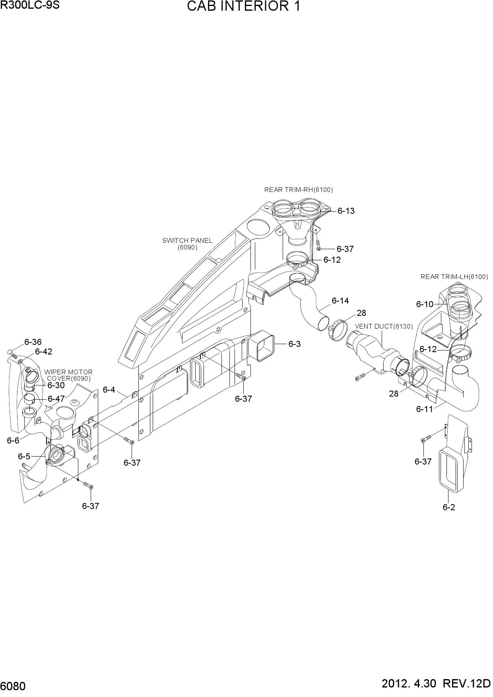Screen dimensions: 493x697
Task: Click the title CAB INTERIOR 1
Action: tap(243, 7)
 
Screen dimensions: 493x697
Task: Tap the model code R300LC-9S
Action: tap(30, 6)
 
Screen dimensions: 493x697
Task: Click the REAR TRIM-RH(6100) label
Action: tap(299, 190)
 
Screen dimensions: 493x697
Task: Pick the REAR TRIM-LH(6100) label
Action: tap(454, 277)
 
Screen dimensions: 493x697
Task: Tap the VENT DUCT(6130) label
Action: tap(384, 326)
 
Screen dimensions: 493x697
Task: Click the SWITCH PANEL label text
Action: tap(187, 241)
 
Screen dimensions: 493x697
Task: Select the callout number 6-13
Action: tap(346, 211)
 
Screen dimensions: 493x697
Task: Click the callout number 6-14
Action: tap(340, 301)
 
